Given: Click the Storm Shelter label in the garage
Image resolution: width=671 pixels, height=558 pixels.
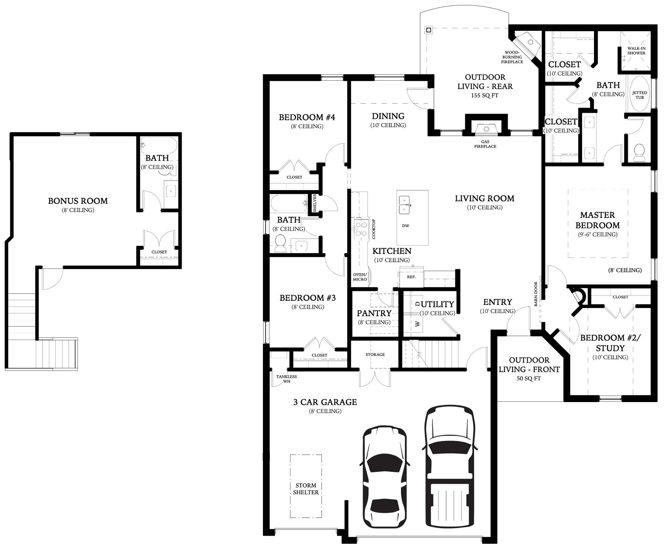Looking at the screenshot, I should coord(305,489).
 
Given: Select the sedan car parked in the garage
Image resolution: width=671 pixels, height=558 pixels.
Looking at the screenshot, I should coord(385,481).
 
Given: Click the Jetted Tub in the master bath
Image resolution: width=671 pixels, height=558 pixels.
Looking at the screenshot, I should coord(639,95).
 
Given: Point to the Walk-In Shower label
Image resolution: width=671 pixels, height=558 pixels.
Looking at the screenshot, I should coord(636,51).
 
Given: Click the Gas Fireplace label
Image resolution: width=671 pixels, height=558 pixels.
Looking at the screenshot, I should coord(485,144).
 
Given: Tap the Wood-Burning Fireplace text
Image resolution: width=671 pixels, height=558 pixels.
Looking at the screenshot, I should coord(512,57).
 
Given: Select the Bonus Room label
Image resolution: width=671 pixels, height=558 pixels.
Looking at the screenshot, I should coord(78,201).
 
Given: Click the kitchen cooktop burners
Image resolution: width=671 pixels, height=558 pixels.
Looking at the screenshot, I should coord(361,229).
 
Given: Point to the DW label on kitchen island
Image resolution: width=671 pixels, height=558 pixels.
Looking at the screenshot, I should coord(406,225).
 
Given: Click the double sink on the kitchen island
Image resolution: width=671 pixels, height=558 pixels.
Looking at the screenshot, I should coord(404,204).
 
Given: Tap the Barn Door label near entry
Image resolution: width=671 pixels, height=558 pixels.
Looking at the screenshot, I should coord(536,294).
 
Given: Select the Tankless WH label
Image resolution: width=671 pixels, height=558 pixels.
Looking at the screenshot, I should coord(286,379).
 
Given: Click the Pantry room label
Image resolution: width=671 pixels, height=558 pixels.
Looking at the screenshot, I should coord(374,313).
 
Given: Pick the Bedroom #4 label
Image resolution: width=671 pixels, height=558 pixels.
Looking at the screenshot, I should coord(307,117).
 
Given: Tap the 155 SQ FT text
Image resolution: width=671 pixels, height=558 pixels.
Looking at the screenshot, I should coord(485,95).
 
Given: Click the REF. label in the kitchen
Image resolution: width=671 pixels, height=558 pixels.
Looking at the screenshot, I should coord(411,277).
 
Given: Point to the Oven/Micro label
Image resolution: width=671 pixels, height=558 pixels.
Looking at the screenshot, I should coord(360,277).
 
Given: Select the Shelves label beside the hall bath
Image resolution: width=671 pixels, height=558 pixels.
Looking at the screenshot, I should coord(315,203).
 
